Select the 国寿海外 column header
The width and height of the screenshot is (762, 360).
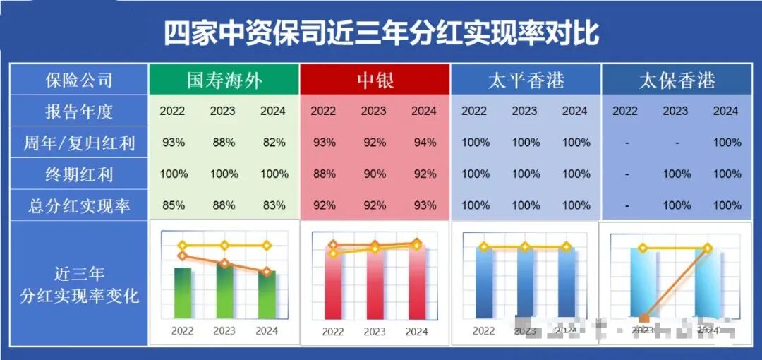click(x=224, y=80)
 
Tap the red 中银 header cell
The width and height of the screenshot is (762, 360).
click(x=374, y=80)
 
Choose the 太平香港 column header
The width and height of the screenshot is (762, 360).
click(x=526, y=80)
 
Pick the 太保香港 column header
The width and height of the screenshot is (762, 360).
click(x=677, y=80)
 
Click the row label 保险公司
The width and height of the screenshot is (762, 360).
click(x=79, y=80)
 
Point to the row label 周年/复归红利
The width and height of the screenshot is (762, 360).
click(x=79, y=143)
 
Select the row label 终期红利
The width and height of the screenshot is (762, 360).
click(x=79, y=174)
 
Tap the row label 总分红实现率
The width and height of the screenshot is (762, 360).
click(x=79, y=206)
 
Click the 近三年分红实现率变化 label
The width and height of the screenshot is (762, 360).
click(x=79, y=284)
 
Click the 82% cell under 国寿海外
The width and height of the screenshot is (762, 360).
click(x=274, y=143)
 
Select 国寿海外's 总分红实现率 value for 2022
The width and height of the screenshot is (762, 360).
click(x=174, y=205)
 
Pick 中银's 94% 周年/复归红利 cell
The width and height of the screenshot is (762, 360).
click(x=424, y=143)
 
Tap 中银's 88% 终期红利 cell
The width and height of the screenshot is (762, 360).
click(x=324, y=174)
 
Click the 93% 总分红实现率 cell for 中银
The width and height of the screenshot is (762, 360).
click(x=424, y=205)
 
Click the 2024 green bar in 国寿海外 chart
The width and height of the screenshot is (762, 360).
click(x=267, y=296)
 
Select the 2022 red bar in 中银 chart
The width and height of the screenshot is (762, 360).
click(x=333, y=286)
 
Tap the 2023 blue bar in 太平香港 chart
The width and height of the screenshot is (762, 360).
click(x=525, y=282)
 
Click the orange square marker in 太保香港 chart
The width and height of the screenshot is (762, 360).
click(x=643, y=319)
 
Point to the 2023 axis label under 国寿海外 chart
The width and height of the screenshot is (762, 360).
click(x=224, y=330)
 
